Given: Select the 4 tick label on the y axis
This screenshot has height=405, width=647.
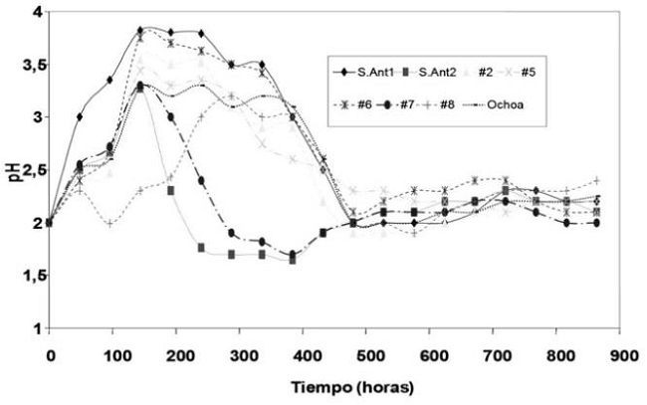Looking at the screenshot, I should (35, 12).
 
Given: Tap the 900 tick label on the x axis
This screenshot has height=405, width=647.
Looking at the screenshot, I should (621, 352).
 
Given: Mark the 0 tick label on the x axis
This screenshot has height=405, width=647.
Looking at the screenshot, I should (49, 352).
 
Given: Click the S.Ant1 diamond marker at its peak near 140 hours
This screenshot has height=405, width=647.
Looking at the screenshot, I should (141, 30).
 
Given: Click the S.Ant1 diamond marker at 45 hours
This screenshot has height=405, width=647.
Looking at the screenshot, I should (80, 117).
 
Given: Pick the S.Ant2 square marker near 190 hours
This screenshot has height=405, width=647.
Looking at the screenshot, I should (171, 190).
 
